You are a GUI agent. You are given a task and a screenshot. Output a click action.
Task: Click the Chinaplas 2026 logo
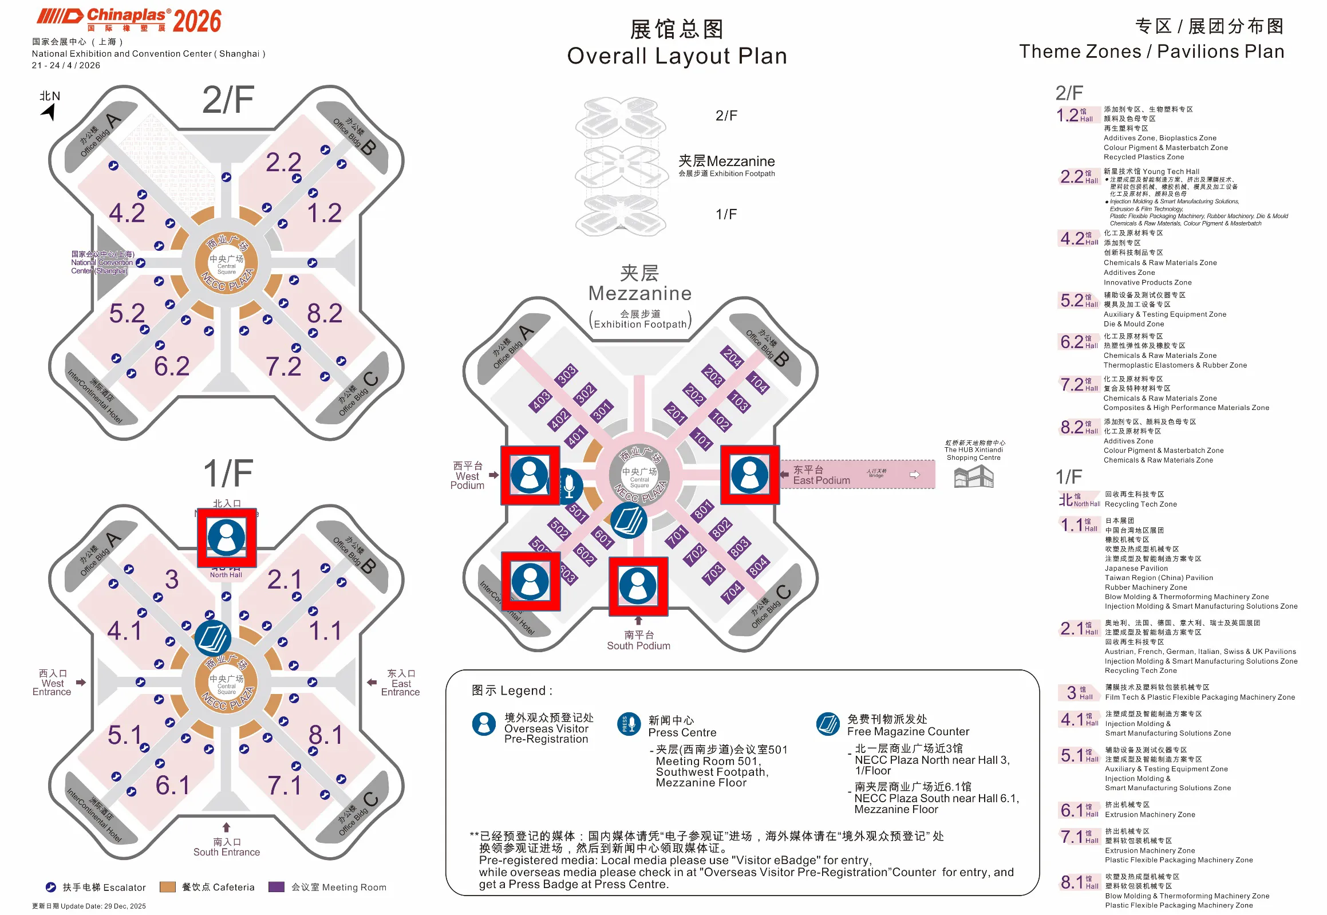point(129,21)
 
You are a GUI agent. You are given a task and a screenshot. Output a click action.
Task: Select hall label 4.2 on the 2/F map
point(127,212)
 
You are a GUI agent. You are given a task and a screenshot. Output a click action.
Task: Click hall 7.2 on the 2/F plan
point(283,366)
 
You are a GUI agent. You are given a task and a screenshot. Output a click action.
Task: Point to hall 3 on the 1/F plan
point(171,579)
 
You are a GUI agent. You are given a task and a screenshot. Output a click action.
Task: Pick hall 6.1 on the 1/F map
point(172,785)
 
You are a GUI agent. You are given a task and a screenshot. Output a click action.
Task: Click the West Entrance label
point(52,683)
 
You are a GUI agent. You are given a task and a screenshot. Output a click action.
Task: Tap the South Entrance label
point(227,847)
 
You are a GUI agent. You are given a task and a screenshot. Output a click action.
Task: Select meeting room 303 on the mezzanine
point(566,374)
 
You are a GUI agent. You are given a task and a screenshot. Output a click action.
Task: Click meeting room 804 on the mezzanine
point(758,566)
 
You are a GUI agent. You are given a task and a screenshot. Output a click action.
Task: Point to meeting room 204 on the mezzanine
point(732,357)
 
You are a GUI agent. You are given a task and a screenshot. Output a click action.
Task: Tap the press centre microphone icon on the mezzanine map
point(568,485)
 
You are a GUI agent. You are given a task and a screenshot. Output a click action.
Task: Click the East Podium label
point(821,475)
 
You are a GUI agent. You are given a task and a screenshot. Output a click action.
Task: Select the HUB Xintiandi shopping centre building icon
point(973,476)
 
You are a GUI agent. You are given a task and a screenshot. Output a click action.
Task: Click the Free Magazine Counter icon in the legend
point(828,724)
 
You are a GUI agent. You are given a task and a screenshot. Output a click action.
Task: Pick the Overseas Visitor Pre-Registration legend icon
point(484,724)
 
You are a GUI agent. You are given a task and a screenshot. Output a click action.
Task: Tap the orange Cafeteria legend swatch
point(167,887)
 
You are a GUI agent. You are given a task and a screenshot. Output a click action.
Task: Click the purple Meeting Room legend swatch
point(277,887)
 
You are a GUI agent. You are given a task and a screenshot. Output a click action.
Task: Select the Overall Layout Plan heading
point(677,56)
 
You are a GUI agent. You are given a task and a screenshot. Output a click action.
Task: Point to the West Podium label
point(468,475)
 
